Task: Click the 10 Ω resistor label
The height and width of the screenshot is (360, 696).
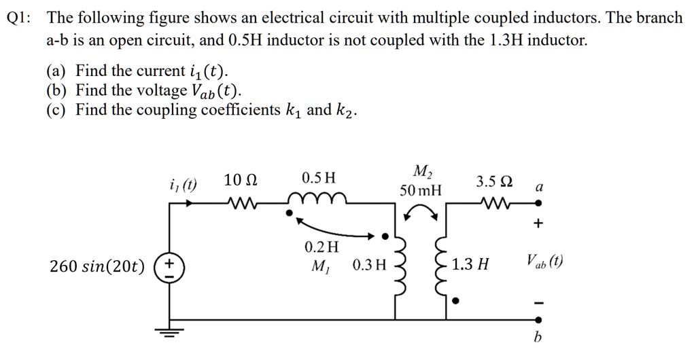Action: point(240,180)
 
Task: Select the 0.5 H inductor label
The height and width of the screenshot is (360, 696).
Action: point(319,179)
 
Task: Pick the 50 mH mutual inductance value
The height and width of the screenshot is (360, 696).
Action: point(420,190)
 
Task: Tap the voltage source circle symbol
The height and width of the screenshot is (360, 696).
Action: point(167,265)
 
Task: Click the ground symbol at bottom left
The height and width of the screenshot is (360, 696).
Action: point(167,331)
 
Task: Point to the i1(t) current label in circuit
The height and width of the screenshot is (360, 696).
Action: point(182,183)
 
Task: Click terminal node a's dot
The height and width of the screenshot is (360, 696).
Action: point(539,202)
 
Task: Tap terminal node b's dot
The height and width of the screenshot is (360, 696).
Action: point(539,319)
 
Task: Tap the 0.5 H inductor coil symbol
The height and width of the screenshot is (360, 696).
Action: point(318,199)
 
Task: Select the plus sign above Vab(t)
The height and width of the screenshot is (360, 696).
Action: point(539,223)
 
